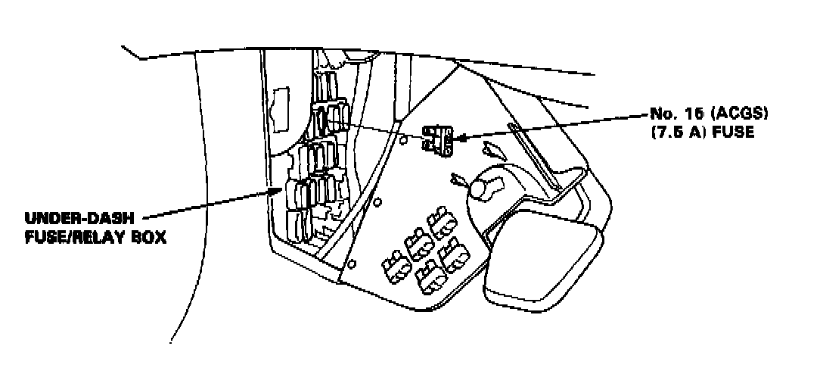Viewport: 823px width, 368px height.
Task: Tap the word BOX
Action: (147, 236)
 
